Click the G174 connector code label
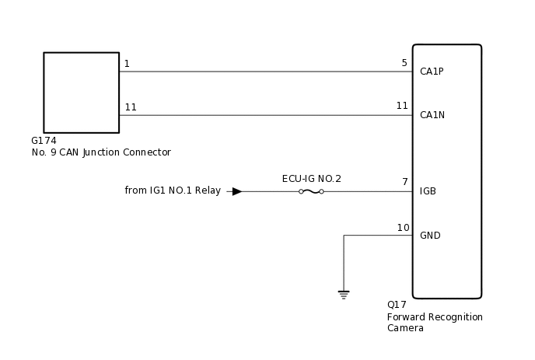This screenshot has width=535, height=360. pos(44,141)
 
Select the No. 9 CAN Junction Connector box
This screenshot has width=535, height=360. pos(81,93)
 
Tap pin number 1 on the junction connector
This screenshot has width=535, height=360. pos(127,63)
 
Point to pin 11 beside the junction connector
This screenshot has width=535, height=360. pos(131,107)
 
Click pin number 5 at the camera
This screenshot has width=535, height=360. pos(404,63)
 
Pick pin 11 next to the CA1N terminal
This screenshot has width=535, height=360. pos(402,106)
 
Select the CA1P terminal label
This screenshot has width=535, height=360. pos(432,72)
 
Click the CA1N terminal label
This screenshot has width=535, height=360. pos(432,115)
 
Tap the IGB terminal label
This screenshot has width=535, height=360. pos(428,191)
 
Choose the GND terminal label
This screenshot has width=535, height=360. pos(430,236)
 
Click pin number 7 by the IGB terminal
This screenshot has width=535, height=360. pos(405,182)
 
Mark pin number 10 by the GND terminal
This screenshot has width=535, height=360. pos(403,228)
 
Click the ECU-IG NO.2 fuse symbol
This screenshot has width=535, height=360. pos(311,191)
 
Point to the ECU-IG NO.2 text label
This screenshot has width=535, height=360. pos(311,179)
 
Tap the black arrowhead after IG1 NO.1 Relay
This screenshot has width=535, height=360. pos(237,191)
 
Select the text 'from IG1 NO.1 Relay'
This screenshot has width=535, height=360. pos(173,190)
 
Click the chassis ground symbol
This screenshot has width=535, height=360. pos(344,295)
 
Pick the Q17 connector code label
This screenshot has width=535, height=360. pos(397,305)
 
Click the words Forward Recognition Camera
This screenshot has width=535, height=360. pos(435,323)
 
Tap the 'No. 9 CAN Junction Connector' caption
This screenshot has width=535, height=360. pos(100,152)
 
